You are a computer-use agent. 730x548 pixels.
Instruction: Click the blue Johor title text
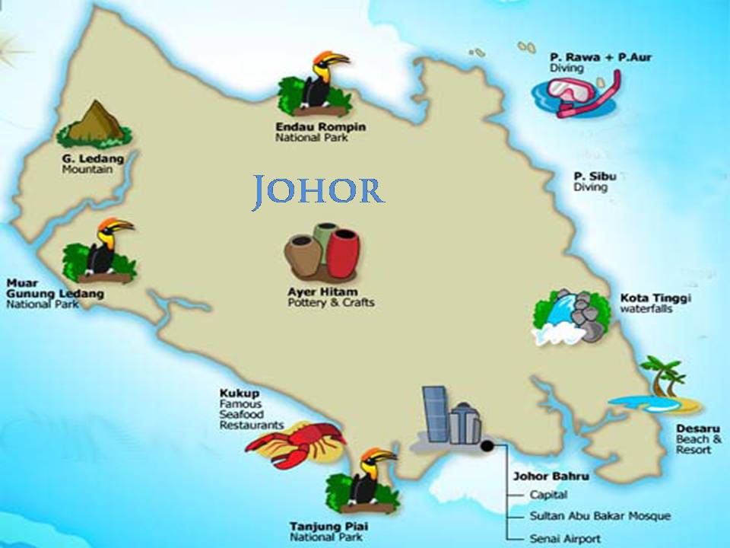[318, 191]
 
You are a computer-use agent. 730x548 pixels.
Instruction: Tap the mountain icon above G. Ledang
[94, 124]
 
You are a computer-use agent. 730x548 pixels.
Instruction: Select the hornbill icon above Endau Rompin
[317, 82]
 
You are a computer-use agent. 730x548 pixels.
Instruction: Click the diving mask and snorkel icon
[577, 93]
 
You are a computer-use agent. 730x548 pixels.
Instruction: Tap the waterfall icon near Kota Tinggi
[570, 314]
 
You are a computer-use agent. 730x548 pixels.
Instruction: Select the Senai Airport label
[565, 539]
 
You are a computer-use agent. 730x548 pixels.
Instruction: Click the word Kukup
[236, 393]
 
